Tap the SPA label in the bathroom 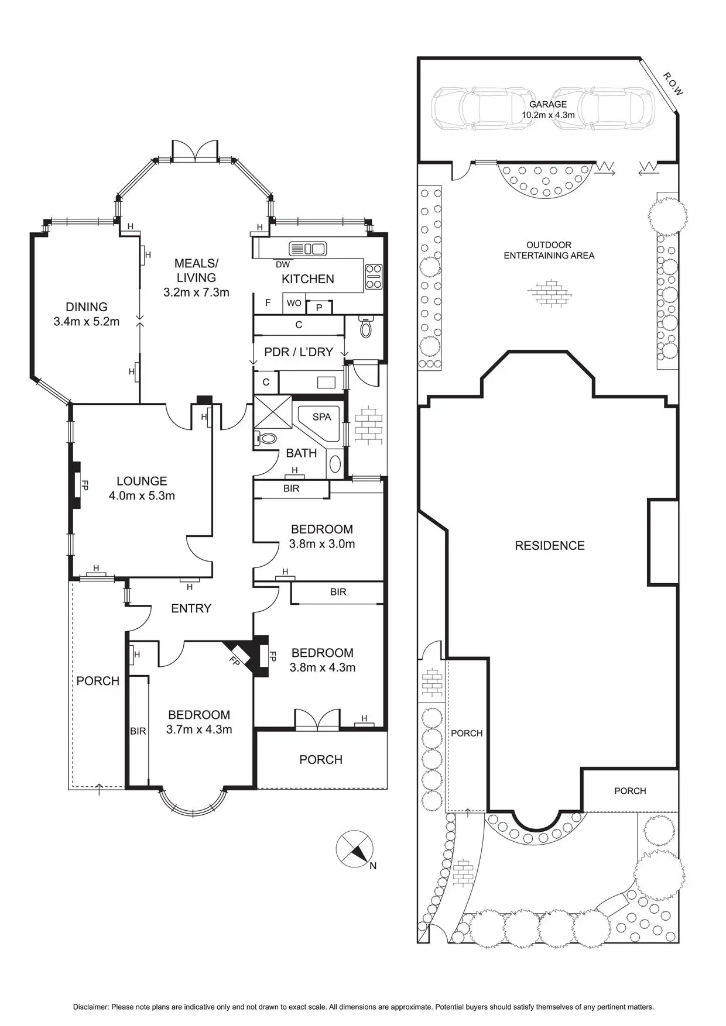321,417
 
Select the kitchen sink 307,249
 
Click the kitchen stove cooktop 373,277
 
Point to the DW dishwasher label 282,264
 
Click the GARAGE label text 548,105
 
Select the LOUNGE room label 142,481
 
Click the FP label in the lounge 84,486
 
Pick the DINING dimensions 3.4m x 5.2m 86,322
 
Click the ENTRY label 191,609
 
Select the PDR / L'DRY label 299,352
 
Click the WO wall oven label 294,303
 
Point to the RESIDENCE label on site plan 549,546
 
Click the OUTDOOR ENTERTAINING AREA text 549,250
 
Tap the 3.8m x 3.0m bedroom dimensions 322,544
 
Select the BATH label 302,453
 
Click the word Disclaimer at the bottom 91,1007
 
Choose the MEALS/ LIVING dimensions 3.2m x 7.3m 196,292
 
